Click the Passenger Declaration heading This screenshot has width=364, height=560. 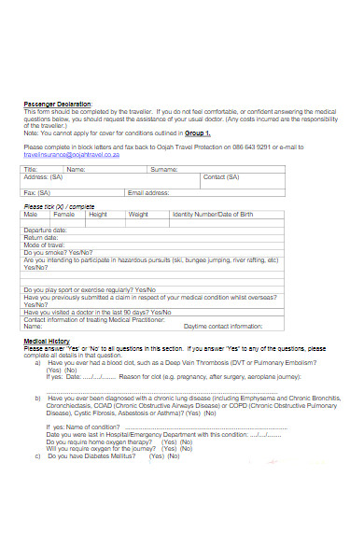[57, 104]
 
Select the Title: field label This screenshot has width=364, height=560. [31, 170]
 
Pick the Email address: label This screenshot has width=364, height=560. [148, 192]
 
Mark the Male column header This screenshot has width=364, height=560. [31, 214]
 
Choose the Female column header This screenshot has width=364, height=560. [63, 214]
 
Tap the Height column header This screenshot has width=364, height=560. [98, 214]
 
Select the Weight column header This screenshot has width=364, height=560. [138, 214]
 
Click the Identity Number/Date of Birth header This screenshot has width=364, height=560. [213, 214]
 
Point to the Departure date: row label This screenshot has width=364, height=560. [45, 230]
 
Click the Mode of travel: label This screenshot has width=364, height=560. [43, 245]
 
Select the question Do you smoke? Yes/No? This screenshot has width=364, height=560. [58, 252]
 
